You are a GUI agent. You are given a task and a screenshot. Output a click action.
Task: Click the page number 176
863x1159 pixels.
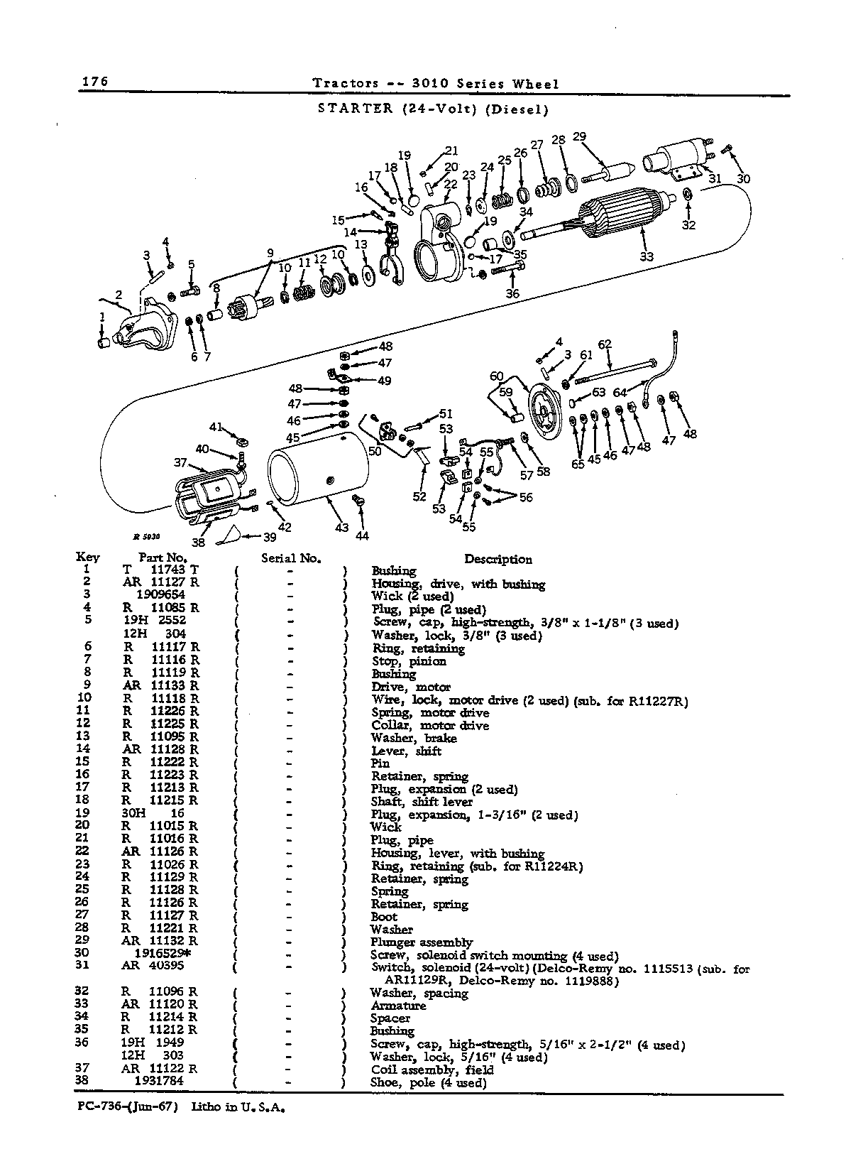pos(95,82)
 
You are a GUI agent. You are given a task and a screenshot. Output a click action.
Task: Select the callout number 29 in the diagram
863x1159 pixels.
pos(579,137)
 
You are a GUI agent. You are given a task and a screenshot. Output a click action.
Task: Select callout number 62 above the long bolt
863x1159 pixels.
pos(605,344)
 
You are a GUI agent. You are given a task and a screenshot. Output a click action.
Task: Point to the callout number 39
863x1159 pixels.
pos(270,537)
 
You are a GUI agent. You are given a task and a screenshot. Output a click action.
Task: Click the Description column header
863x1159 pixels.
pos(498,559)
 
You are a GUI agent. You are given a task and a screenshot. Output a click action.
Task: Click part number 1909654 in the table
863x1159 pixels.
pos(160,594)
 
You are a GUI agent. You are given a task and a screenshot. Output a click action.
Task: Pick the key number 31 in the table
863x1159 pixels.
pos(82,964)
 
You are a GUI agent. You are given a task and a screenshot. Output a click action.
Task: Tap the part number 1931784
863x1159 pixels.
pos(159,1080)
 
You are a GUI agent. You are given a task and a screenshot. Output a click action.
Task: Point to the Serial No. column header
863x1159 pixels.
pos(291,558)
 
